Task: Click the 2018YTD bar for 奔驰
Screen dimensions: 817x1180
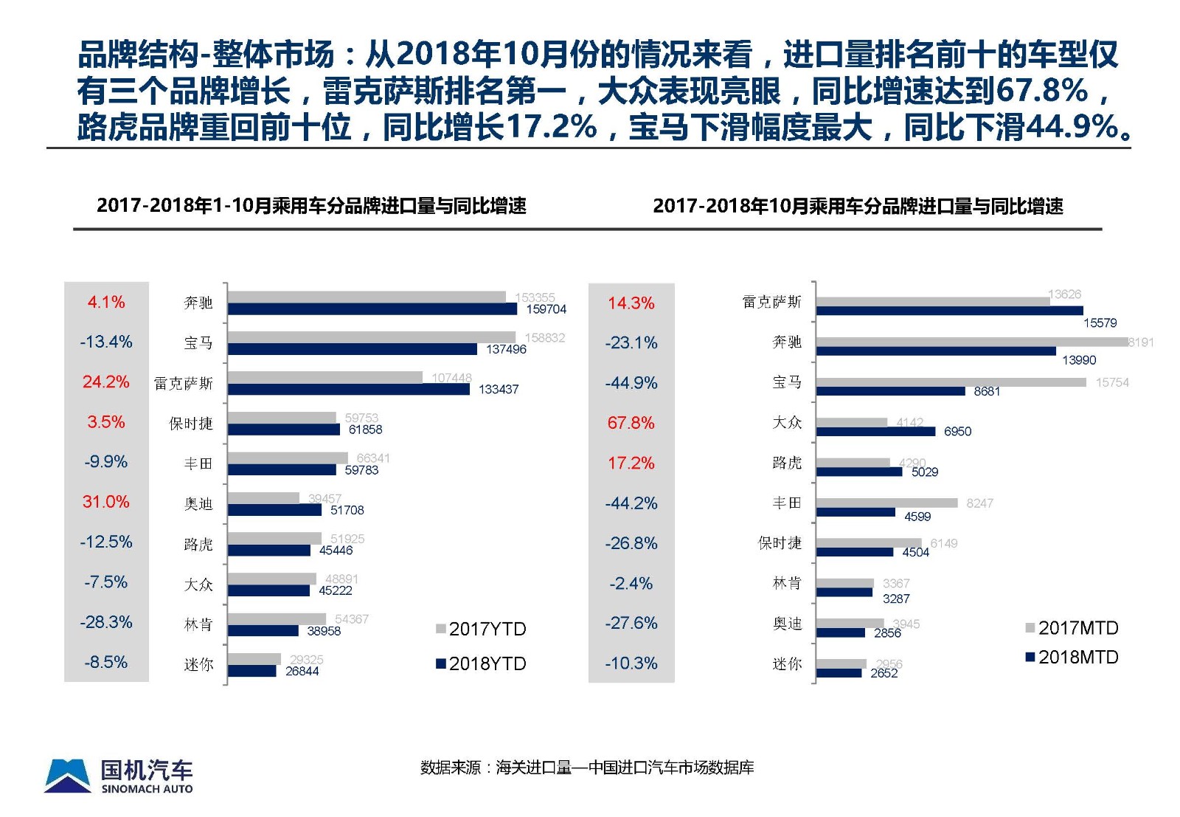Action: click(372, 309)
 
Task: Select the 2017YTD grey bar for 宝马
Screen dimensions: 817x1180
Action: click(372, 337)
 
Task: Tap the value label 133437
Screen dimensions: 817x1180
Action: click(499, 389)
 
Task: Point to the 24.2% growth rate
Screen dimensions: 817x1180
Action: click(106, 382)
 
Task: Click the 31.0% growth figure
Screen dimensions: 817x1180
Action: click(106, 502)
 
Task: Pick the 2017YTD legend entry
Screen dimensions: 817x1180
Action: click(481, 629)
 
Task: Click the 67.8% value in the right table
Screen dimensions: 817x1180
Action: click(631, 423)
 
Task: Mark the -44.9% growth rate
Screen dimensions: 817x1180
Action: click(631, 383)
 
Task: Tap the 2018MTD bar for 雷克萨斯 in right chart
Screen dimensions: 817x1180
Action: click(939, 311)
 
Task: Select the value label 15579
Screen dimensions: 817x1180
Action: click(1100, 323)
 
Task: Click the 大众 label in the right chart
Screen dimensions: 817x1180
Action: click(787, 422)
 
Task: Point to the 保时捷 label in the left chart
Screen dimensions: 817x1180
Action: click(190, 424)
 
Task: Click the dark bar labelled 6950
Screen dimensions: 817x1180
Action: click(875, 432)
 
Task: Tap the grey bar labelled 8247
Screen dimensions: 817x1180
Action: click(886, 503)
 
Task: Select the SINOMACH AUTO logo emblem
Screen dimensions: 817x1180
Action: click(67, 776)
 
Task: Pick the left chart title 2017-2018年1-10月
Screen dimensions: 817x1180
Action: click(311, 206)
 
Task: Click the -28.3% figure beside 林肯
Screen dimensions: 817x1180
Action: click(106, 622)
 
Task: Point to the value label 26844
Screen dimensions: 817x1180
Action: click(302, 671)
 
